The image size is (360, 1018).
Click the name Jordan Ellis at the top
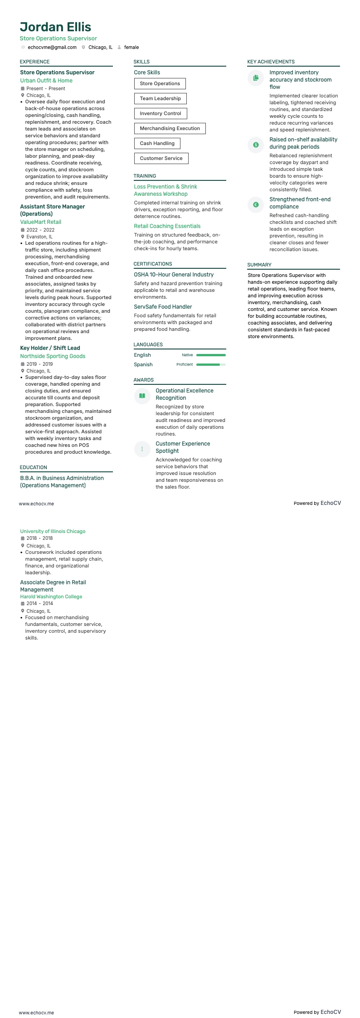click(x=55, y=27)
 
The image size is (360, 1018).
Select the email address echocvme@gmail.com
click(x=52, y=47)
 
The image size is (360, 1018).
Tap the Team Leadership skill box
click(x=160, y=98)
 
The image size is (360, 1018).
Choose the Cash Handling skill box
click(x=157, y=143)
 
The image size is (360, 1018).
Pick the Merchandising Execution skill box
click(x=170, y=128)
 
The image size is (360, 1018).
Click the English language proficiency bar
click(x=211, y=355)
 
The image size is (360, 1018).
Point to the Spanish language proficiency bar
click(x=211, y=364)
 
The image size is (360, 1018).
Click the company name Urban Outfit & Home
click(x=46, y=81)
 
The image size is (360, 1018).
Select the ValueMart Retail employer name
click(x=40, y=222)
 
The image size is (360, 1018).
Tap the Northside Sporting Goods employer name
click(x=53, y=356)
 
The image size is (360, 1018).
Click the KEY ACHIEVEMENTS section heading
click(x=271, y=62)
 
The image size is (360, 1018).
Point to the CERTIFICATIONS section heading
click(x=153, y=264)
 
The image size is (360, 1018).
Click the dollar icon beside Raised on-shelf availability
click(x=256, y=145)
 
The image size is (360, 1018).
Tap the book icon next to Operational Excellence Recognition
click(x=142, y=396)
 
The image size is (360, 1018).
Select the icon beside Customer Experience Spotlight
click(x=142, y=449)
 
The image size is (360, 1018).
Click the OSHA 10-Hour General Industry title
click(x=174, y=275)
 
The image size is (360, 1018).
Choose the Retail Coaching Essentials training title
click(x=167, y=226)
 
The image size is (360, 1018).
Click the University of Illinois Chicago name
click(x=53, y=531)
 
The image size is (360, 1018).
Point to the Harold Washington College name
click(x=51, y=596)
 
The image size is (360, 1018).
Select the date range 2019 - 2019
click(x=39, y=364)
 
